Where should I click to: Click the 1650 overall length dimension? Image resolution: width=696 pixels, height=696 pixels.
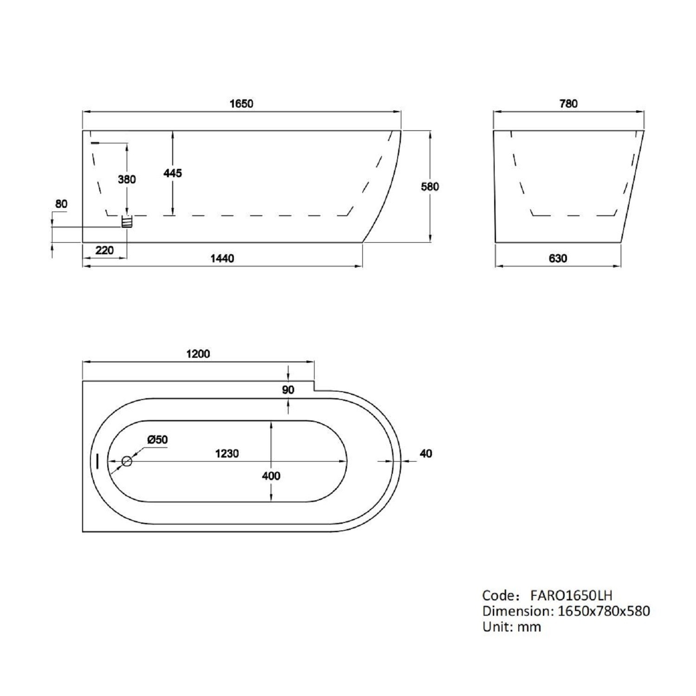click(x=241, y=103)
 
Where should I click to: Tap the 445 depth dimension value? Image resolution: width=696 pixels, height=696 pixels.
click(x=173, y=173)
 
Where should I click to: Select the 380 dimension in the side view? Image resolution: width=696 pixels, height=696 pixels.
click(x=127, y=179)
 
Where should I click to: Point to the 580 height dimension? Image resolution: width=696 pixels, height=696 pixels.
click(x=430, y=187)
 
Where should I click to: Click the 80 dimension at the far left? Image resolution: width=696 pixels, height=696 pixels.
click(x=61, y=204)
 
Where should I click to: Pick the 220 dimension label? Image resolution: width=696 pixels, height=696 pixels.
click(x=104, y=251)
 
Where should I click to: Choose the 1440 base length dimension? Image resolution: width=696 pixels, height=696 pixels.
click(x=222, y=258)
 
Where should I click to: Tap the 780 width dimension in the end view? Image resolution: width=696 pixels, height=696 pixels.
click(x=568, y=103)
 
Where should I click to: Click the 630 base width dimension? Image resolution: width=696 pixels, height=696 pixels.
click(x=558, y=258)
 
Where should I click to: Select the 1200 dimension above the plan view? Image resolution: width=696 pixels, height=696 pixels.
click(x=198, y=354)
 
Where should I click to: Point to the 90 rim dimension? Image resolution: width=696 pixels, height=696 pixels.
click(x=288, y=390)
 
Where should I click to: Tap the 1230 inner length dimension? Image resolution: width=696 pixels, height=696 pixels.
click(x=227, y=453)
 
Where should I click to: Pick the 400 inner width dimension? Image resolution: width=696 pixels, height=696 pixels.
click(x=271, y=476)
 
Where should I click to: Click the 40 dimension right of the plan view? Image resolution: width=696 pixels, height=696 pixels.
click(x=425, y=453)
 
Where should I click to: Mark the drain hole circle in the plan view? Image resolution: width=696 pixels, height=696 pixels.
click(x=127, y=461)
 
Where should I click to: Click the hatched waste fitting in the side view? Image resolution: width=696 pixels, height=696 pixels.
click(x=127, y=222)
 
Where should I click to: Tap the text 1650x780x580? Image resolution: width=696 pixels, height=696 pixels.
click(x=604, y=611)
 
